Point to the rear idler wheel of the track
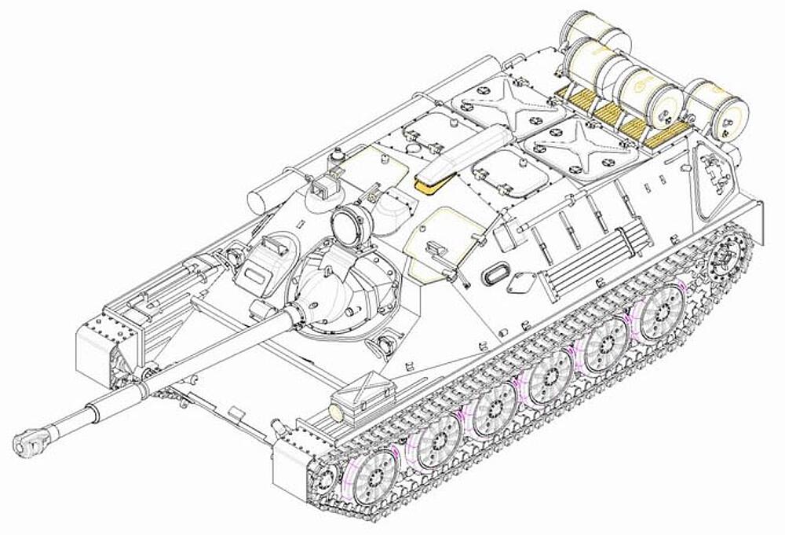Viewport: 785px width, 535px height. click(724, 260)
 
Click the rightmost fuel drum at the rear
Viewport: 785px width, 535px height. click(711, 109)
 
